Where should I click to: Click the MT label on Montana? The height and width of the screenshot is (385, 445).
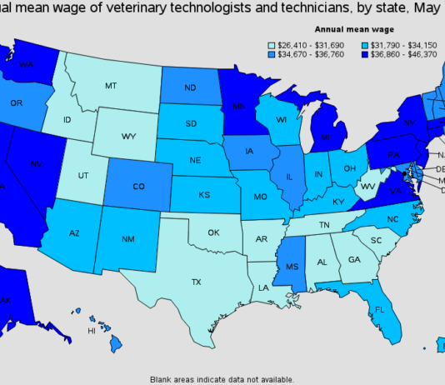click(x=110, y=86)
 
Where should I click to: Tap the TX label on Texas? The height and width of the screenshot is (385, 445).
click(x=197, y=282)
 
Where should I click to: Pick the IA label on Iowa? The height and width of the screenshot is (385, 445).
click(x=251, y=152)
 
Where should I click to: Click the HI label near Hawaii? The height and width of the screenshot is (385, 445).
click(x=92, y=332)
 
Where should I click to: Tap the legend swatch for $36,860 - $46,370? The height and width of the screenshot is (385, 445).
click(x=364, y=55)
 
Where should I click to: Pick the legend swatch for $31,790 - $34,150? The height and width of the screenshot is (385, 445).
click(x=364, y=44)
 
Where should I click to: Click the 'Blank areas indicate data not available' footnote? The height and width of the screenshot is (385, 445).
click(x=222, y=378)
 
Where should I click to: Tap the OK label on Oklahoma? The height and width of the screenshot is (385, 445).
click(x=214, y=233)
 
